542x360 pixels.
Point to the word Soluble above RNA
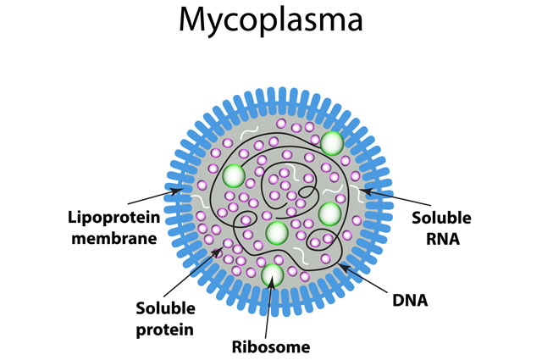pos(442,218)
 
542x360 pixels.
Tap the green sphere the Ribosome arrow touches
pos(272,274)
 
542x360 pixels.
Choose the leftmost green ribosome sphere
pos(235,176)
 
